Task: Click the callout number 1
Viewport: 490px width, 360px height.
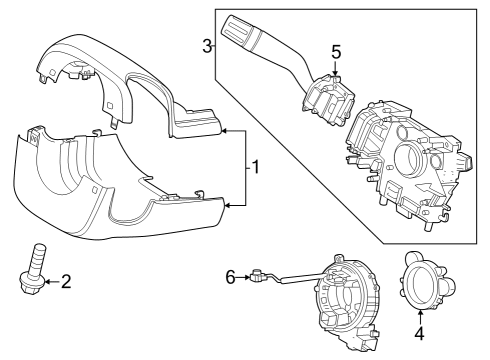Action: pyautogui.click(x=257, y=168)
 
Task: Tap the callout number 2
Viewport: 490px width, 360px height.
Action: pyautogui.click(x=66, y=283)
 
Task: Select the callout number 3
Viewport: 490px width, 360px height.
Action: pyautogui.click(x=206, y=46)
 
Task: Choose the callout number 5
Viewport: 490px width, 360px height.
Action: pyautogui.click(x=337, y=51)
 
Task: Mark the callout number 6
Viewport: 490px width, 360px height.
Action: pyautogui.click(x=230, y=277)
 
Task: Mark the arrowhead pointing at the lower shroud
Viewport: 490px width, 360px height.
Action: pyautogui.click(x=226, y=205)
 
